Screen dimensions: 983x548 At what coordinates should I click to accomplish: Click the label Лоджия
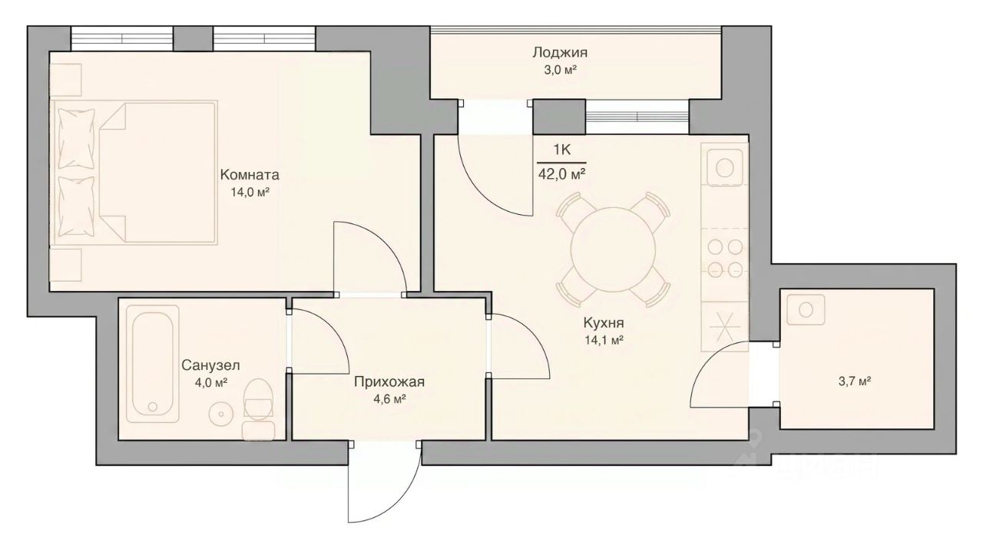(x=560, y=53)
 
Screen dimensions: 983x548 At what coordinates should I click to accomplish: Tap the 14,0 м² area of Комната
(x=250, y=192)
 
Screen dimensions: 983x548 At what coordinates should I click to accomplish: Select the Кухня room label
(x=604, y=323)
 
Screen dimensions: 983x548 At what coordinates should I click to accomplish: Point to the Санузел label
(x=210, y=365)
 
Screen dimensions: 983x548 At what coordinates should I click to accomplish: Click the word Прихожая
(x=389, y=382)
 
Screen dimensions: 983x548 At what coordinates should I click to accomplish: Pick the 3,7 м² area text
(x=855, y=381)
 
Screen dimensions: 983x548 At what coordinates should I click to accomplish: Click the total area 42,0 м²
(x=561, y=174)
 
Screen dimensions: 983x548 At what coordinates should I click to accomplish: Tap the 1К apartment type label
(x=561, y=150)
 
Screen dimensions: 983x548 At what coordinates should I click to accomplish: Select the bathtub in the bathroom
(x=152, y=364)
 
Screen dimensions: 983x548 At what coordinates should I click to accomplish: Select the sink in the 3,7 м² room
(x=806, y=310)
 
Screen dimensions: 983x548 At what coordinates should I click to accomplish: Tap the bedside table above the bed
(x=66, y=79)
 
